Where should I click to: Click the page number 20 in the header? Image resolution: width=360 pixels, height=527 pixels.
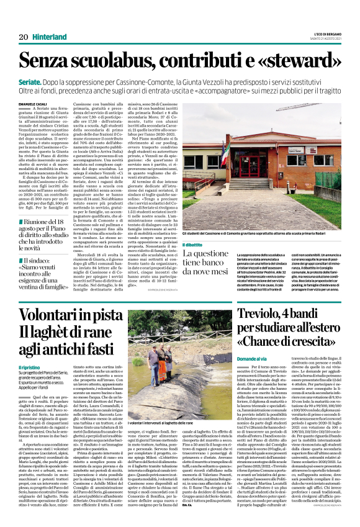click(23, 37)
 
